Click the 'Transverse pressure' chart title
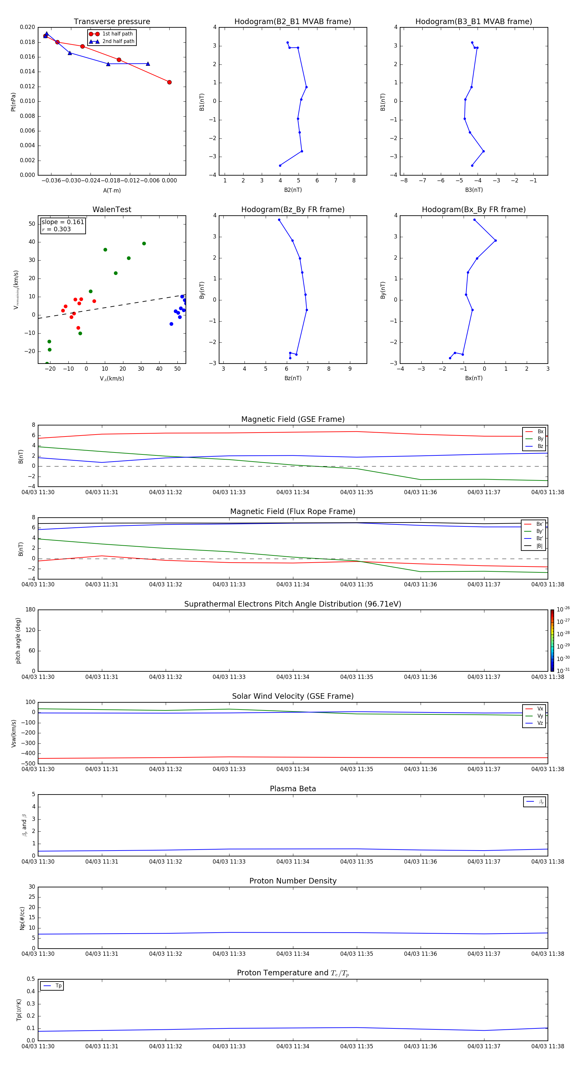[112, 22]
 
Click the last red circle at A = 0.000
[169, 82]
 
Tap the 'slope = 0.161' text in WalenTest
[63, 222]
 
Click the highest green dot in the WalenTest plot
[144, 244]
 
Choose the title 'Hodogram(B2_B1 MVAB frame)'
[292, 22]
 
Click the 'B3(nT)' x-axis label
[474, 190]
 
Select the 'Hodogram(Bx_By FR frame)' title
[473, 209]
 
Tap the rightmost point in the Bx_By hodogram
[495, 240]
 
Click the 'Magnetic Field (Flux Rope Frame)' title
[292, 512]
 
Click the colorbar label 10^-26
[563, 610]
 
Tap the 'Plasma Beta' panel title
[292, 789]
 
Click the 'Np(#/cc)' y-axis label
[22, 918]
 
